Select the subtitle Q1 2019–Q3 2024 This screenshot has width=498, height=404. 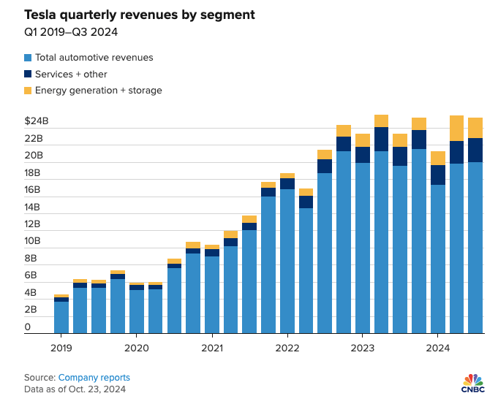[x=69, y=32]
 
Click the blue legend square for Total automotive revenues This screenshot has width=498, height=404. [x=28, y=58]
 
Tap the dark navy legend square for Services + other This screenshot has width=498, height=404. [x=28, y=74]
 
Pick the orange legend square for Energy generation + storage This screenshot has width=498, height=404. [x=28, y=91]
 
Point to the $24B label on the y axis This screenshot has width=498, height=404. [x=36, y=121]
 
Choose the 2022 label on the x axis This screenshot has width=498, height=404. [x=287, y=348]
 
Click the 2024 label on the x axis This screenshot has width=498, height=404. [x=437, y=348]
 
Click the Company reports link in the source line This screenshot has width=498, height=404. [x=94, y=378]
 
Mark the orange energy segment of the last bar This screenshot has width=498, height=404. [x=475, y=128]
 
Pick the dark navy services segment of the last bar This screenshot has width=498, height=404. [x=475, y=150]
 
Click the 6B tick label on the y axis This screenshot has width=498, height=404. [x=31, y=276]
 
